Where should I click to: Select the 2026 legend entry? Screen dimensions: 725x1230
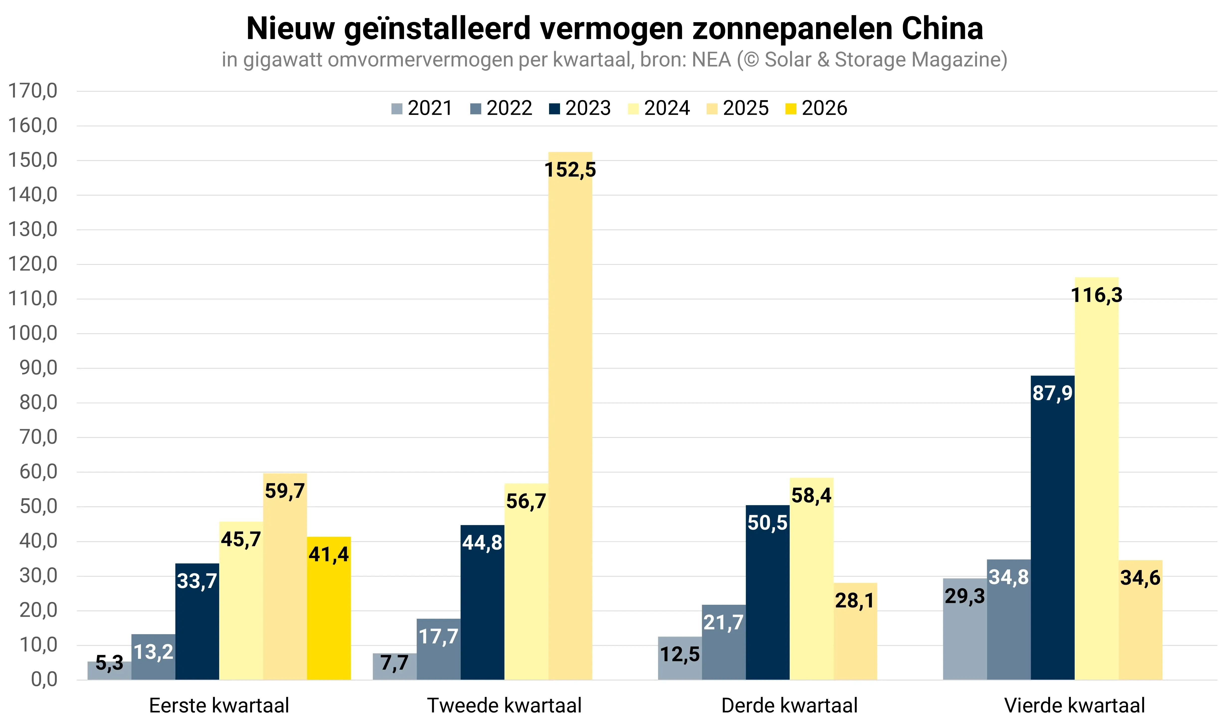tap(816, 108)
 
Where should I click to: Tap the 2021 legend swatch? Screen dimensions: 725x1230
tap(397, 108)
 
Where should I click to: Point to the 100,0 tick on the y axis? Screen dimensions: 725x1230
tap(33, 334)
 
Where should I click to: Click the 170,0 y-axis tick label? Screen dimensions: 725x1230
tap(33, 91)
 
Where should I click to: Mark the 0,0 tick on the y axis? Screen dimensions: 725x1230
tap(44, 680)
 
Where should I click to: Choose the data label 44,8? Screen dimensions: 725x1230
tap(482, 543)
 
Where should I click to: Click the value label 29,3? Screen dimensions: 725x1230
tap(964, 596)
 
